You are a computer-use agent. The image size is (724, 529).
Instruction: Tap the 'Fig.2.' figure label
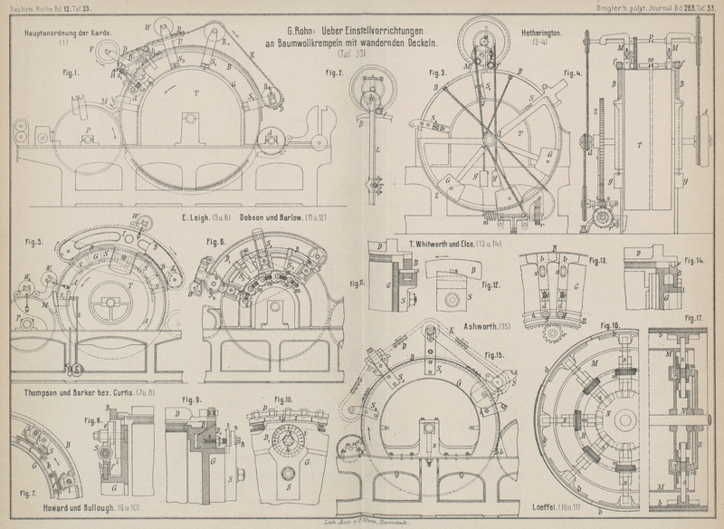point(334,72)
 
